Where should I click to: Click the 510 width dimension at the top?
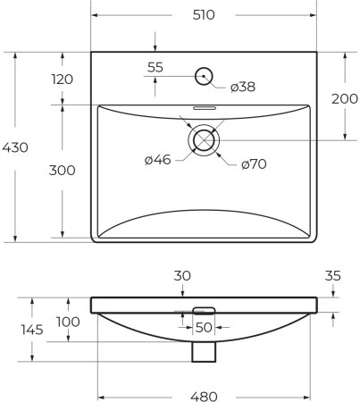(205, 16)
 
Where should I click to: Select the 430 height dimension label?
(17, 147)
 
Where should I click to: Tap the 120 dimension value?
(62, 79)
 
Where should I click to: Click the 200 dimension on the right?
(345, 98)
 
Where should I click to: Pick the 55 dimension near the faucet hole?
(155, 67)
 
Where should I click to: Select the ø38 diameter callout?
(243, 87)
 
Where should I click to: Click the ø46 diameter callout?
(158, 160)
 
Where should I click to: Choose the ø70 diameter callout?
(254, 164)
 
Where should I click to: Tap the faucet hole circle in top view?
(205, 76)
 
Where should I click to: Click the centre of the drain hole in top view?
(205, 140)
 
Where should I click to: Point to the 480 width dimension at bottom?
(205, 395)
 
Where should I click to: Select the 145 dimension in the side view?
(17, 330)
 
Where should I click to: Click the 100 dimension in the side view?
(68, 322)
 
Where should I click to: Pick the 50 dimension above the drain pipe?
(205, 328)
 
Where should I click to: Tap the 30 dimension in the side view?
(181, 277)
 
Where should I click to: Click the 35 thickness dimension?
(333, 277)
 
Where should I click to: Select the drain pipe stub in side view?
(205, 352)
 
